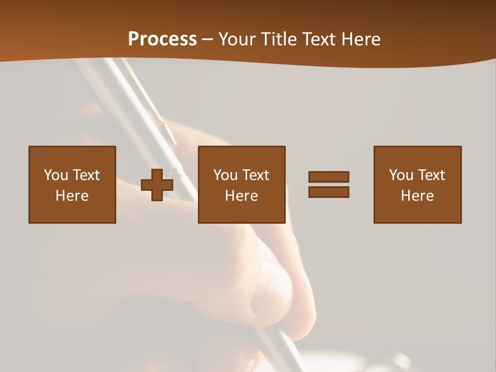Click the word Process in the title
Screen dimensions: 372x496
pyautogui.click(x=162, y=39)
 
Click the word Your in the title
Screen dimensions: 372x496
pyautogui.click(x=236, y=39)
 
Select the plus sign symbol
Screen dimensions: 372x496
pyautogui.click(x=157, y=185)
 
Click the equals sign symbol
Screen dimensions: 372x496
pyautogui.click(x=329, y=185)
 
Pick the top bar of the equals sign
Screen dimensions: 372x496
pyautogui.click(x=329, y=177)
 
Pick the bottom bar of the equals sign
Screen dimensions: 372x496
pyautogui.click(x=329, y=192)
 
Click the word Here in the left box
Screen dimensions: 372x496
pyautogui.click(x=72, y=196)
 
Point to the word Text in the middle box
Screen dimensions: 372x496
pyautogui.click(x=255, y=175)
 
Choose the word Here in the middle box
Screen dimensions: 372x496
pyautogui.click(x=241, y=196)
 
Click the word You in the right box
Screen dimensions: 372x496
pyautogui.click(x=401, y=175)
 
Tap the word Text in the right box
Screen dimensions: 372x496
pyautogui.click(x=431, y=175)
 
